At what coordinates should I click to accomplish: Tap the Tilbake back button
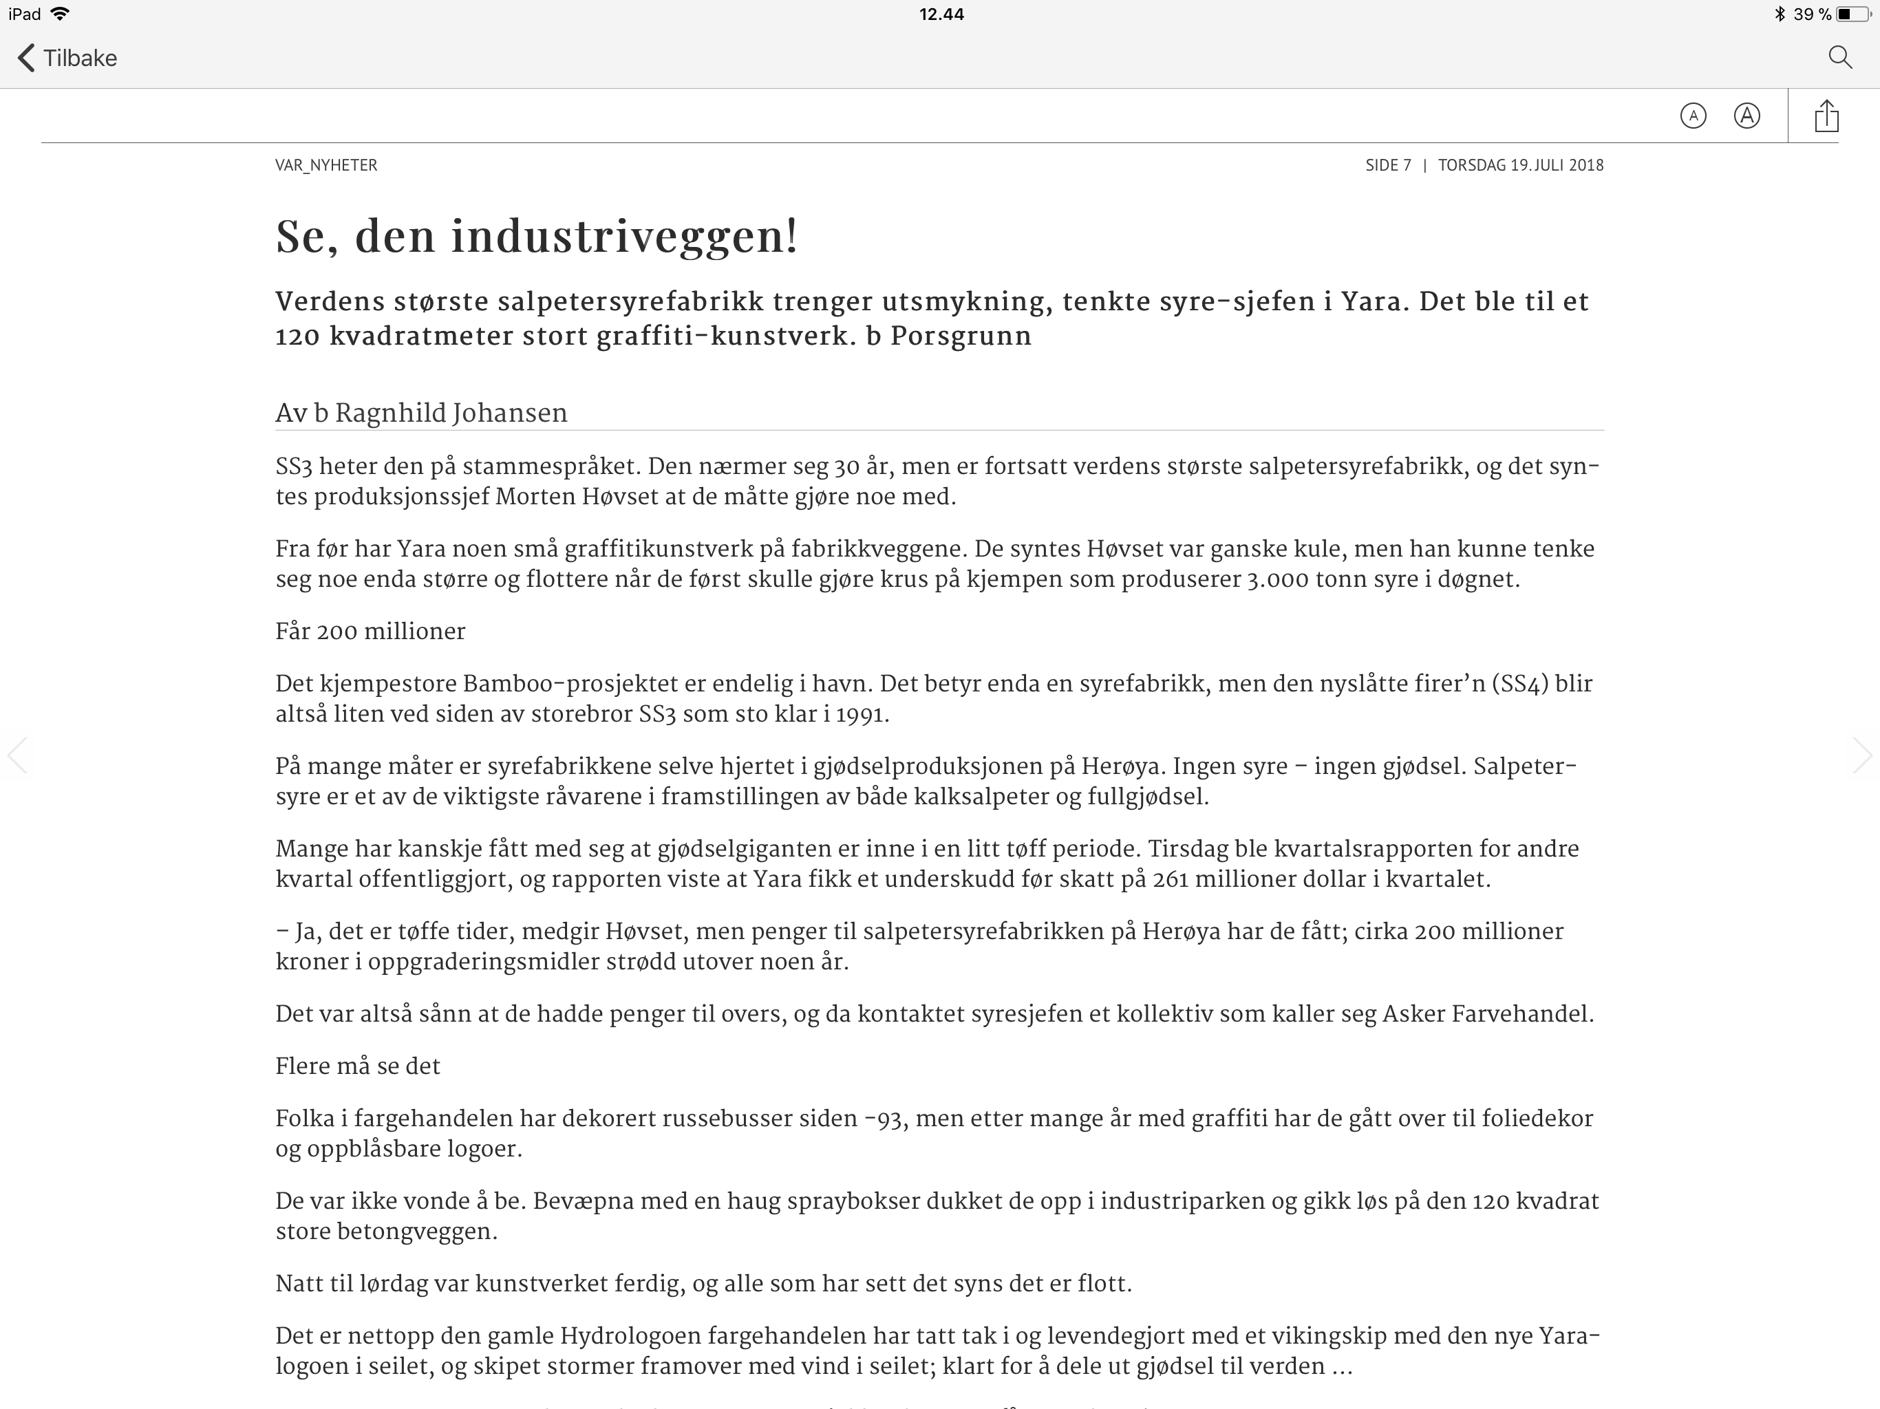[67, 58]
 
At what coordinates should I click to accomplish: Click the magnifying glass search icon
[1839, 58]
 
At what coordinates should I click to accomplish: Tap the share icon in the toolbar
[1826, 116]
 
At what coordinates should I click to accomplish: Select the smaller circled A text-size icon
[1693, 116]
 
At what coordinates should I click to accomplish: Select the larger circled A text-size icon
[1747, 116]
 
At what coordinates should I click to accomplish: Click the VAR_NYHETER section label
[326, 165]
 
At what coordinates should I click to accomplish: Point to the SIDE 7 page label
[1388, 165]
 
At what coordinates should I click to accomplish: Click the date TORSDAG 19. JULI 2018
[1521, 165]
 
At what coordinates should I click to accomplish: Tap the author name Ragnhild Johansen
[451, 413]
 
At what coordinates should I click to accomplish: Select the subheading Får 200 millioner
[370, 632]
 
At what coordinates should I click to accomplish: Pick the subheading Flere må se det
[358, 1066]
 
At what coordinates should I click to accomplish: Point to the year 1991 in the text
[861, 715]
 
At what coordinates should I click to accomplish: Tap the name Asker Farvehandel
[1487, 1014]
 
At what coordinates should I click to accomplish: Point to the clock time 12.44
[941, 14]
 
